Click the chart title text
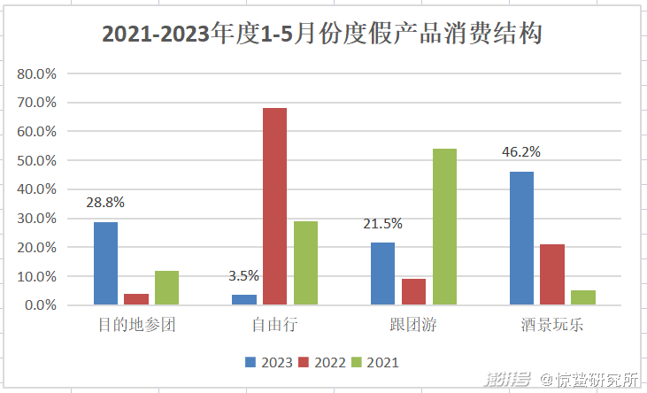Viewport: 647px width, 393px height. pyautogui.click(x=322, y=35)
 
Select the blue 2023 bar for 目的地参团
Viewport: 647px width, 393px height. pyautogui.click(x=105, y=264)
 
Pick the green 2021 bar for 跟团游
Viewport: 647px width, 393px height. pyautogui.click(x=444, y=227)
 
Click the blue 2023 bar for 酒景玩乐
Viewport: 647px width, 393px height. pyautogui.click(x=521, y=238)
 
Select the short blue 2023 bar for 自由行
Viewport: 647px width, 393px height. pyautogui.click(x=243, y=300)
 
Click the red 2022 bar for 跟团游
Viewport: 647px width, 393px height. pyautogui.click(x=413, y=292)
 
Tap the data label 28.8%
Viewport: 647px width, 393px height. pyautogui.click(x=105, y=202)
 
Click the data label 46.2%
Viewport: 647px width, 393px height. pyautogui.click(x=520, y=151)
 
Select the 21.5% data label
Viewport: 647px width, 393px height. pyautogui.click(x=382, y=223)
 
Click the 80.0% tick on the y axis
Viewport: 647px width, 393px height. pyautogui.click(x=37, y=73)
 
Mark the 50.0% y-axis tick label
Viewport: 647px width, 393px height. pyautogui.click(x=37, y=160)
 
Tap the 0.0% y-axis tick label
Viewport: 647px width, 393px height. pyautogui.click(x=41, y=305)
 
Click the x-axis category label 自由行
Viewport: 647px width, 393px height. pyautogui.click(x=274, y=325)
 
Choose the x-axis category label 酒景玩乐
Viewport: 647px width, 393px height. pyautogui.click(x=552, y=325)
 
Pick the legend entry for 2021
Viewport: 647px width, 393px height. pyautogui.click(x=375, y=361)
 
